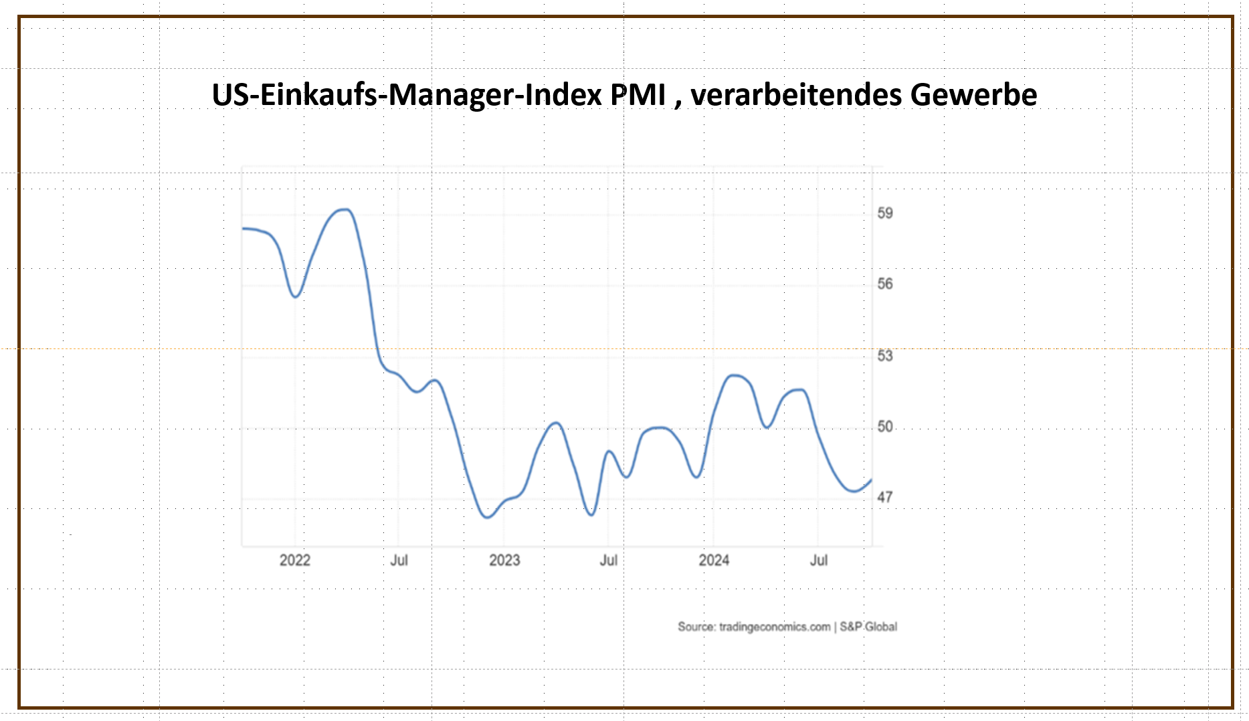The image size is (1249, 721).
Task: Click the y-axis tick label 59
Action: point(884,213)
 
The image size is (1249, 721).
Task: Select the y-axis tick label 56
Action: point(884,284)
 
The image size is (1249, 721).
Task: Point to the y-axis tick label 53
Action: point(884,355)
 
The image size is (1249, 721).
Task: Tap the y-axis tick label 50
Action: point(884,426)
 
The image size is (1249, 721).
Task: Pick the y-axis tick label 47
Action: point(884,497)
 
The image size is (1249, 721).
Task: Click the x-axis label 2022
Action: point(294,560)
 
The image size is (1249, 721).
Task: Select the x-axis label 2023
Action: point(504,560)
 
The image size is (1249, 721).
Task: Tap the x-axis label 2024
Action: point(714,560)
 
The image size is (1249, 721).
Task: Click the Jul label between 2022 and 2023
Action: point(399,560)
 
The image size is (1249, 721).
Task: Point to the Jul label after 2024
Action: point(819,560)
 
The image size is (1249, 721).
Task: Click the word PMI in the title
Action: point(638,94)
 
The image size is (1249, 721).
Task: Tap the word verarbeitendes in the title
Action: point(796,94)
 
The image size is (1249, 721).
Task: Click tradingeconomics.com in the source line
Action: point(775,627)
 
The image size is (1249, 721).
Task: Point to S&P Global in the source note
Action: point(868,627)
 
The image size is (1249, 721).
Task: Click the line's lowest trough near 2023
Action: point(487,517)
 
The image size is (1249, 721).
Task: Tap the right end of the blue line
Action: point(871,480)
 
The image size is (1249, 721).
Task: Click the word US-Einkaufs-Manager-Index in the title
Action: point(406,94)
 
